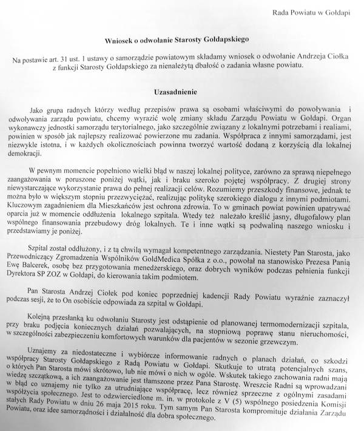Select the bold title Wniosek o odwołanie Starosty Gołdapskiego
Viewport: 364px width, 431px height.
point(181,38)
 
